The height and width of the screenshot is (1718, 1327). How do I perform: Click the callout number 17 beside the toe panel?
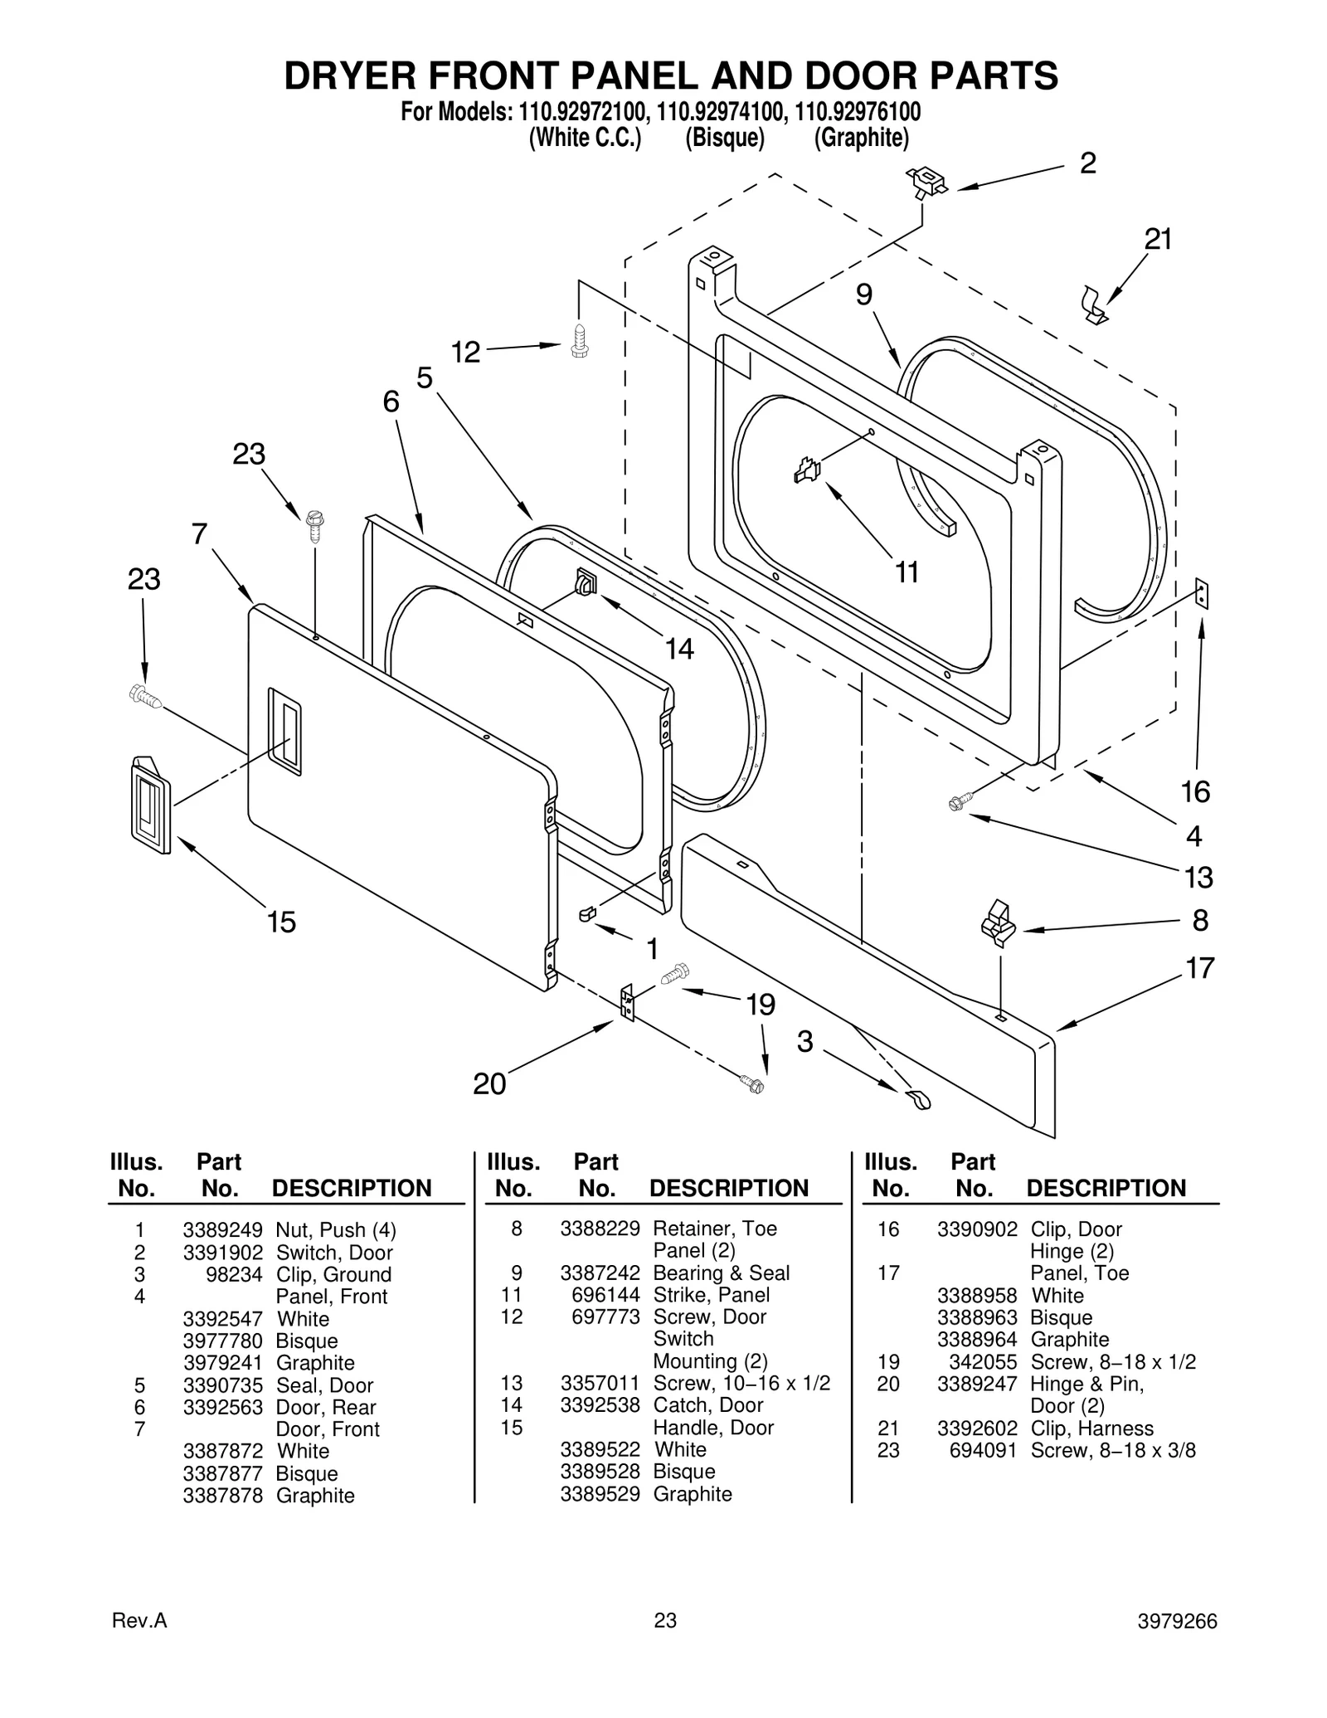pyautogui.click(x=1199, y=967)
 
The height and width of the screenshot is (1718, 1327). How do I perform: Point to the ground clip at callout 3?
pyautogui.click(x=917, y=1099)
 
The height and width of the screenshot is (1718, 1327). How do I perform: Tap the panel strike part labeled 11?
pyautogui.click(x=807, y=470)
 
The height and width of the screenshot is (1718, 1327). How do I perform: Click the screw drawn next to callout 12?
pyautogui.click(x=580, y=341)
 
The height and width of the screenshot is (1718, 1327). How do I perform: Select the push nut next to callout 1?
pyautogui.click(x=587, y=913)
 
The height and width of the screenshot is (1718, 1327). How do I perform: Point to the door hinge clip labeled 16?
pyautogui.click(x=1202, y=594)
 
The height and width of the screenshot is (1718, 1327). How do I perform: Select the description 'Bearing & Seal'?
pyautogui.click(x=721, y=1273)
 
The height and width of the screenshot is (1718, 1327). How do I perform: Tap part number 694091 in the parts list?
pyautogui.click(x=983, y=1450)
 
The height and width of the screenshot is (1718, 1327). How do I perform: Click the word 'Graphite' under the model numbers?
pyautogui.click(x=861, y=138)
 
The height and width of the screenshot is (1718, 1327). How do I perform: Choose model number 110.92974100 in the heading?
pyautogui.click(x=718, y=112)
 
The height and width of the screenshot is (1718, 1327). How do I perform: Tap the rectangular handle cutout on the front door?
pyautogui.click(x=284, y=731)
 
